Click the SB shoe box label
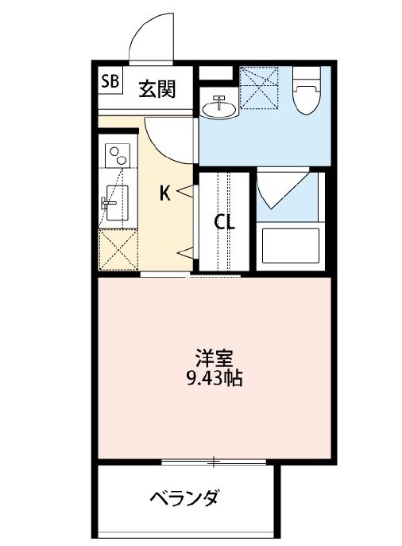tap(110, 81)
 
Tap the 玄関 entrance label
tap(157, 89)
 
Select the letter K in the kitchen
tap(165, 193)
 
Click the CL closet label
tap(224, 221)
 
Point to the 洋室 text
tap(214, 358)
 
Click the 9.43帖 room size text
tap(215, 378)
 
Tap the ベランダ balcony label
tap(184, 498)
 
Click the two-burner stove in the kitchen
tap(118, 154)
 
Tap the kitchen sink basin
tap(117, 203)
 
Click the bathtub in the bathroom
tap(291, 246)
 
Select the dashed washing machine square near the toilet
tap(259, 88)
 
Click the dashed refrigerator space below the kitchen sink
tap(118, 249)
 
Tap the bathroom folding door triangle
tap(283, 189)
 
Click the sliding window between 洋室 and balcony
tap(214, 462)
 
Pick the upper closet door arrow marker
tap(185, 190)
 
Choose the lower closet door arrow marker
tap(185, 252)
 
